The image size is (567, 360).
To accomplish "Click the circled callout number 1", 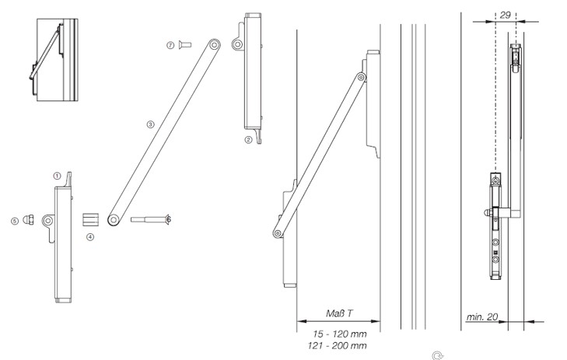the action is (57, 176).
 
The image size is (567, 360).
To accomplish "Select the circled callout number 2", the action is (248, 140).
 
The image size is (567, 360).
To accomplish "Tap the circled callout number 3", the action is (150, 124).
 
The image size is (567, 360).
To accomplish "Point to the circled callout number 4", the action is (90, 237).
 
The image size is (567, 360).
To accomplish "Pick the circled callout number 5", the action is (15, 221).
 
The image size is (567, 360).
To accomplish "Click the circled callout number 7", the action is (170, 45).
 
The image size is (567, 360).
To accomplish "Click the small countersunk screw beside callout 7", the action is (185, 45).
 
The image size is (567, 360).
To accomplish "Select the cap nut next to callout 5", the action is (28, 219).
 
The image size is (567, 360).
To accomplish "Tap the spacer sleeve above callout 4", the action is (91, 219).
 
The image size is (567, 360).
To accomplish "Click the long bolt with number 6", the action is (151, 219).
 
